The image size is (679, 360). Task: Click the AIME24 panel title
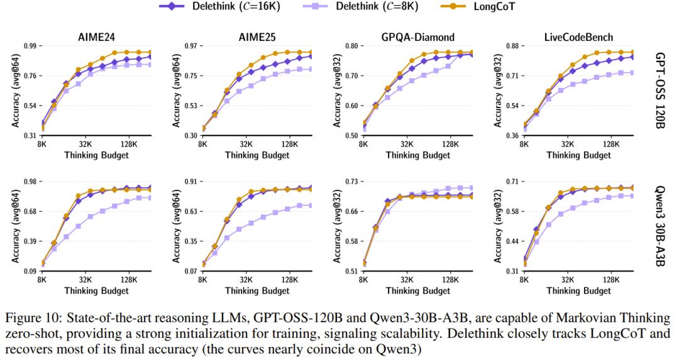tap(96, 36)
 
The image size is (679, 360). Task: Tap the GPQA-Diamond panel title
tap(418, 36)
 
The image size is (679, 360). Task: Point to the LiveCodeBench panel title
tap(578, 36)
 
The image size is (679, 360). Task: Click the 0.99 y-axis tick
tap(29, 46)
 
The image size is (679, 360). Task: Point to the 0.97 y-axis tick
tap(190, 46)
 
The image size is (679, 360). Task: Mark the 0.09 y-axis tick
tap(29, 271)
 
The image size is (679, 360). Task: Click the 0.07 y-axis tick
tap(190, 271)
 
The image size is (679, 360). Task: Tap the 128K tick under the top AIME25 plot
tap(289, 144)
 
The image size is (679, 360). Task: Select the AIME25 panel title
tap(257, 36)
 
